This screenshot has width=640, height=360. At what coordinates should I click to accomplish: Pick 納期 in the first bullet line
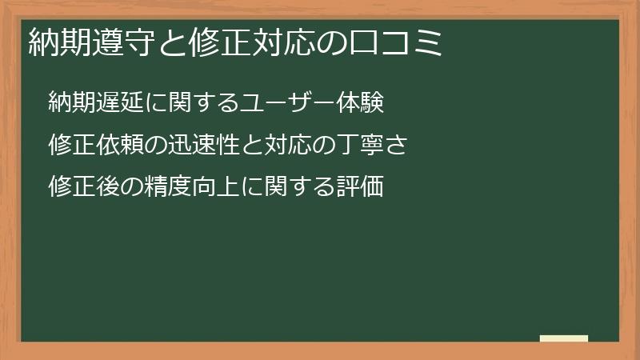[x=70, y=102]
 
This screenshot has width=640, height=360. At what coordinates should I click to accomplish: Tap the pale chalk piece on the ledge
[x=564, y=338]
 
